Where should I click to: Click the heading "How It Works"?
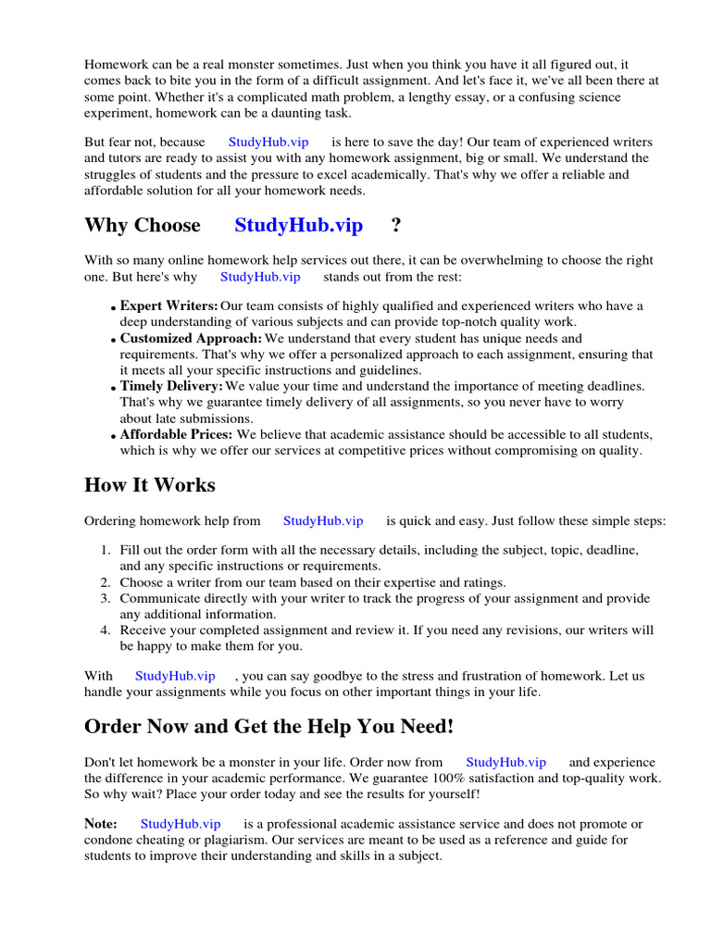point(149,485)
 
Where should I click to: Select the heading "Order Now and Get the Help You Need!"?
point(268,728)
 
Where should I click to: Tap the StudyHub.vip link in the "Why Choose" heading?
point(298,225)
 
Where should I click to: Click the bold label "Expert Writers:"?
point(168,306)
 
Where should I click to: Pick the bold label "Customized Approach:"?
point(191,339)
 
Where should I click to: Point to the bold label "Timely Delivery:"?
point(171,386)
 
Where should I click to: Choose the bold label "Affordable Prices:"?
point(177,434)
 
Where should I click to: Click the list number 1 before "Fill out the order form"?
point(106,550)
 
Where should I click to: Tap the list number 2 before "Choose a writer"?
point(106,582)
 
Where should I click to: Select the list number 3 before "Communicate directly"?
point(106,599)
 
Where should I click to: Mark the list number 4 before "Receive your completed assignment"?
point(106,630)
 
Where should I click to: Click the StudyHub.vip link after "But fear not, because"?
point(268,143)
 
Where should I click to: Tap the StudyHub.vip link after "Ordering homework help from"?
point(323,521)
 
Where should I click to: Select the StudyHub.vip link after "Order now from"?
point(505,762)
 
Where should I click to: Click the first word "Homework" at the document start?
point(115,65)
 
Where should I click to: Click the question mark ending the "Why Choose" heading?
point(396,225)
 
